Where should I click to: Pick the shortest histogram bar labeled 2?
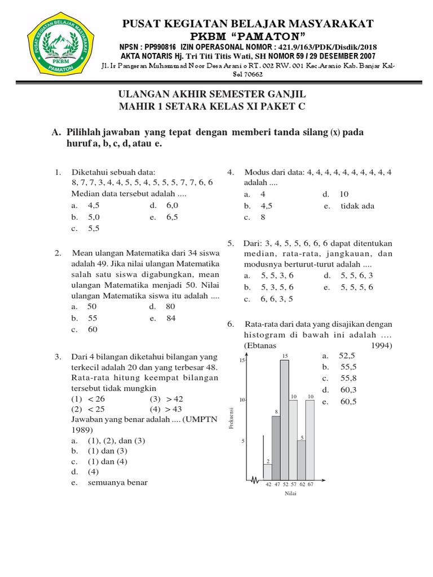pyautogui.click(x=268, y=472)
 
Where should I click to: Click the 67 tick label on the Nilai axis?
pyautogui.click(x=310, y=484)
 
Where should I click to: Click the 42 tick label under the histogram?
pyautogui.click(x=268, y=484)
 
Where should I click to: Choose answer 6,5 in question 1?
pyautogui.click(x=171, y=217)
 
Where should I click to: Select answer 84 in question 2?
pyautogui.click(x=170, y=318)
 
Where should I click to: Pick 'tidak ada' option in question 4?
pyautogui.click(x=357, y=206)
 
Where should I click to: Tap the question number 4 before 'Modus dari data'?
pyautogui.click(x=230, y=172)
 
